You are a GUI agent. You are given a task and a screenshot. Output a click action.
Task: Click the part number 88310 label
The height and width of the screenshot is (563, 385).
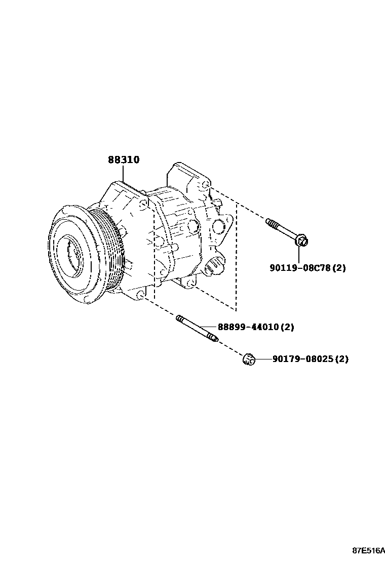[123, 160]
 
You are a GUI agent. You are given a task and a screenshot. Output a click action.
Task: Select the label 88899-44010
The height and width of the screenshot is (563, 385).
[248, 327]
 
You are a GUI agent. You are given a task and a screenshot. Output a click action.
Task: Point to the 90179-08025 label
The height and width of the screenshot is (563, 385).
[302, 359]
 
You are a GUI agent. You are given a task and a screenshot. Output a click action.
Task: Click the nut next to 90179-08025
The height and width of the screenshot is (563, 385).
[248, 359]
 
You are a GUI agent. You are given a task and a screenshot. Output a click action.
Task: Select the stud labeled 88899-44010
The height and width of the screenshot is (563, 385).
[197, 329]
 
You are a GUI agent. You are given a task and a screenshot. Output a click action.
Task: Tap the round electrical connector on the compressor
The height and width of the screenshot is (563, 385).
[215, 264]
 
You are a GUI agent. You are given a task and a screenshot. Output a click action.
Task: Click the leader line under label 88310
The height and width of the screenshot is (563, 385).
[123, 174]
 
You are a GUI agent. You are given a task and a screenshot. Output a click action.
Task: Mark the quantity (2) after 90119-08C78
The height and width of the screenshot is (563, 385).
[339, 268]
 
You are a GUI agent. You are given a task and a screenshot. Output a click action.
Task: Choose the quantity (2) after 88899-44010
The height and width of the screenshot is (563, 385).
[287, 327]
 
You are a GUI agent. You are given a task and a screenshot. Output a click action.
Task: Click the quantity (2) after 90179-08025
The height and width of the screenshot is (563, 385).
[342, 359]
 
